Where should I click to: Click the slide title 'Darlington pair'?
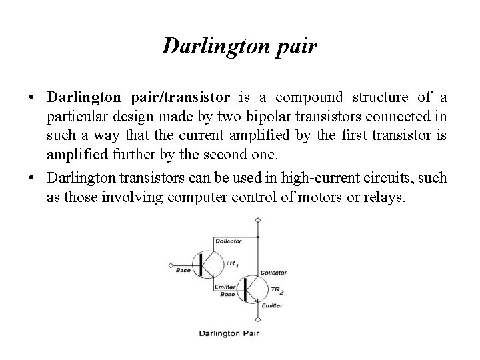[x=240, y=46]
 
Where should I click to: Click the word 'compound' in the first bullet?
[x=306, y=98]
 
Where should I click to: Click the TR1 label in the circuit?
[x=231, y=264]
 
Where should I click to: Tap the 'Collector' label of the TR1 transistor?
[x=228, y=241]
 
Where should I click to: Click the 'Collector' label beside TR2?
[x=273, y=272]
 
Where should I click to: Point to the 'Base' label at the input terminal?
[x=183, y=271]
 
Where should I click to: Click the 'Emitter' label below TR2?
[x=272, y=306]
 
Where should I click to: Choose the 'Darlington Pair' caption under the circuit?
[x=228, y=333]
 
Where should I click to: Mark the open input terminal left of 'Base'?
[x=172, y=264]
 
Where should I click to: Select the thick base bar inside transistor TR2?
[x=245, y=289]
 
